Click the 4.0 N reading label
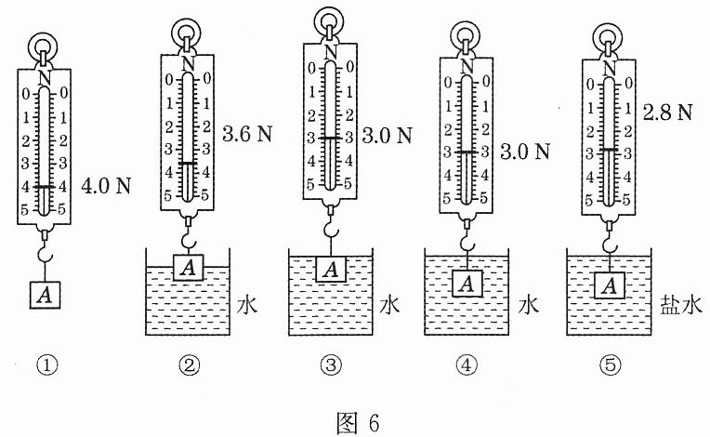[x=106, y=186]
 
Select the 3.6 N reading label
[x=247, y=134]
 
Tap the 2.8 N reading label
[x=668, y=113]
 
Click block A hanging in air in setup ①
[x=45, y=296]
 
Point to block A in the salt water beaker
[x=610, y=285]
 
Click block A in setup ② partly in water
[x=189, y=267]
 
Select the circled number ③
[x=331, y=365]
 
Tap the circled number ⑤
[x=610, y=365]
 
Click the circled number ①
[x=47, y=365]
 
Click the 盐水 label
[x=681, y=304]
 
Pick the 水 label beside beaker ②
[x=247, y=304]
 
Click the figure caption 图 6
[x=358, y=422]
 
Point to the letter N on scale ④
[x=467, y=67]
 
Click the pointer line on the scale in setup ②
[x=188, y=163]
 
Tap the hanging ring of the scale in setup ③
[x=330, y=20]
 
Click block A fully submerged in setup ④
[x=467, y=283]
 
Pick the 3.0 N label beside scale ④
[x=525, y=152]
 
